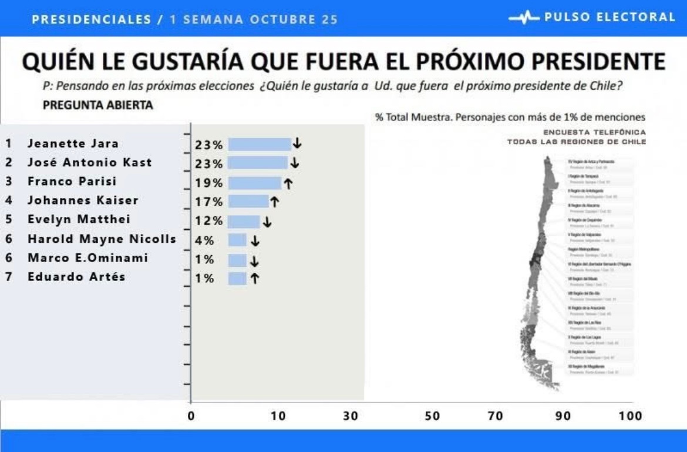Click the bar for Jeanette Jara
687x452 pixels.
260,144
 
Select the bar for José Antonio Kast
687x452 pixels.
258,163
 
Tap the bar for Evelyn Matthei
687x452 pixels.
244,222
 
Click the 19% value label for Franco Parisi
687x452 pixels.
209,183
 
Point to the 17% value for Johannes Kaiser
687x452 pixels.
209,202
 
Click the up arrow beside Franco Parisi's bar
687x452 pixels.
288,183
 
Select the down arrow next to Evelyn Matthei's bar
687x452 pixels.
267,222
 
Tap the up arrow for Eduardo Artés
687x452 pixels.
254,278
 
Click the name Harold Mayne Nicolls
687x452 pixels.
102,239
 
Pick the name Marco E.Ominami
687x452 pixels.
87,258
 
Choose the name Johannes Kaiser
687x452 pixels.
83,200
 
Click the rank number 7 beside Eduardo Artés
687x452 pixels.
9,277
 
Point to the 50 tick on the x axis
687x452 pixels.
432,416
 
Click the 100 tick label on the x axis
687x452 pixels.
630,416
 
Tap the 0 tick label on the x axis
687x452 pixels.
191,416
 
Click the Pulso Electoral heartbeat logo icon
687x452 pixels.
524,18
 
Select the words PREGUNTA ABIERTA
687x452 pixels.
98,105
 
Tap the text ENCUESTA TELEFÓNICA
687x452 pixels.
594,132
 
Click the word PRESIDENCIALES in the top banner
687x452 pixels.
92,19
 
